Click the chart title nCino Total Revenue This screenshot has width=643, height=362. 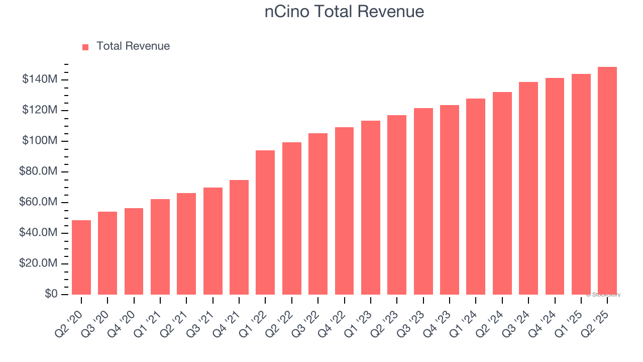pyautogui.click(x=344, y=12)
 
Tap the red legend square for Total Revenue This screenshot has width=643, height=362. pyautogui.click(x=85, y=47)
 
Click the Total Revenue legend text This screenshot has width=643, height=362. pyautogui.click(x=133, y=46)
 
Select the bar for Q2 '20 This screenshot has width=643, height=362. pyautogui.click(x=81, y=257)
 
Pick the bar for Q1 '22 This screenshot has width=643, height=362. pyautogui.click(x=265, y=222)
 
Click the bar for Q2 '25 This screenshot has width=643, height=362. pyautogui.click(x=607, y=181)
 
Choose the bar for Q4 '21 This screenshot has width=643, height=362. pyautogui.click(x=239, y=237)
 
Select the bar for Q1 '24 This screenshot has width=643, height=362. pyautogui.click(x=475, y=197)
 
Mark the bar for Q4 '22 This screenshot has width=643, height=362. pyautogui.click(x=344, y=211)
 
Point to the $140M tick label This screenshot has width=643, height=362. pyautogui.click(x=40, y=79)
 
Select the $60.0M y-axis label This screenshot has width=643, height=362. pyautogui.click(x=38, y=202)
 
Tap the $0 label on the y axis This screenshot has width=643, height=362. pyautogui.click(x=50, y=294)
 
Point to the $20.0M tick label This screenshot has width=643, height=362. pyautogui.click(x=38, y=263)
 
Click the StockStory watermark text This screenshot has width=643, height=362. pyautogui.click(x=603, y=295)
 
